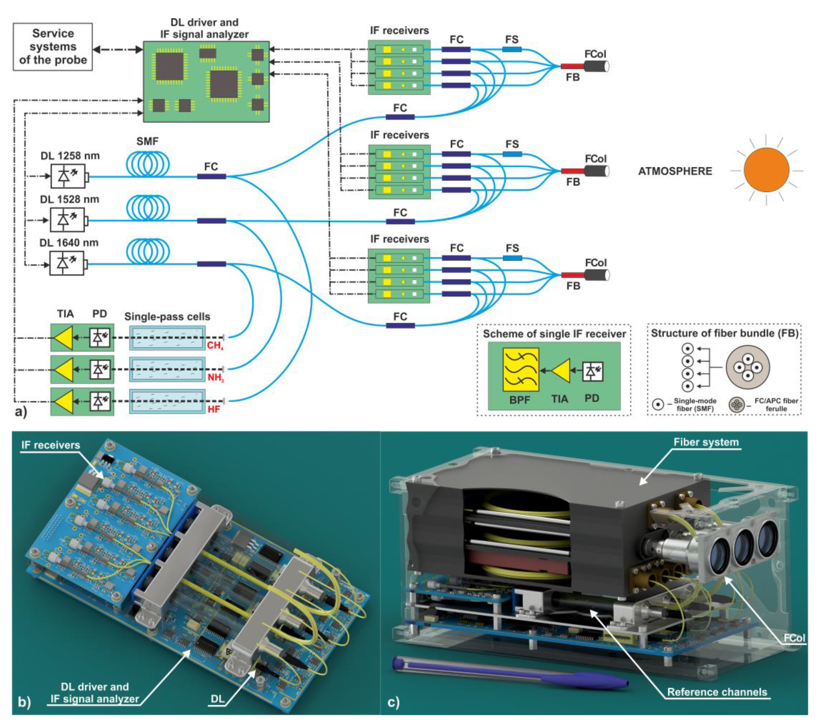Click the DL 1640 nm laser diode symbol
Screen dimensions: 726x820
pos(67,263)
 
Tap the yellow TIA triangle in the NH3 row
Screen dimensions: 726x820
pos(64,369)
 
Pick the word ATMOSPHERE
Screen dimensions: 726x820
pos(675,171)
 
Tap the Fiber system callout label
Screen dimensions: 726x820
pos(706,442)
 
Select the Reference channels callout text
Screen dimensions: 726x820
pos(717,692)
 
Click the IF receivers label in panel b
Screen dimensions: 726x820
pos(51,445)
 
